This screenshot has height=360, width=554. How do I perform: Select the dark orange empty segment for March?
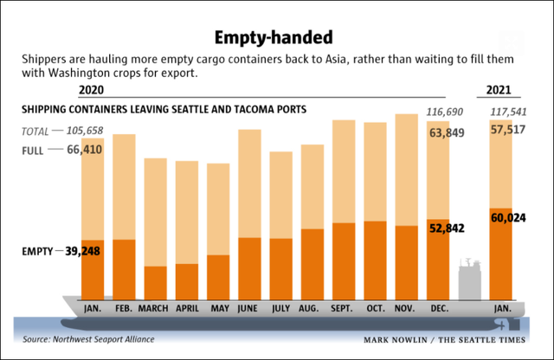(155, 282)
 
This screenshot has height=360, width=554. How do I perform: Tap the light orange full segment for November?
(407, 170)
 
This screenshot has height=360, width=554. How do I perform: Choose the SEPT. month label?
(344, 307)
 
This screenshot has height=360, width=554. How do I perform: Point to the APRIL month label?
(187, 307)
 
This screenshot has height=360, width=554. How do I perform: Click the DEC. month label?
(439, 307)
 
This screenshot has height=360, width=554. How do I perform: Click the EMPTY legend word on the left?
(36, 252)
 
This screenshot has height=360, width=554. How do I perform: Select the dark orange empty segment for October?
(375, 260)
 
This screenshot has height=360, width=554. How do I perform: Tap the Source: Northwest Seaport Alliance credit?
(85, 339)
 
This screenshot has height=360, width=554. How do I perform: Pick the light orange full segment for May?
(218, 209)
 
